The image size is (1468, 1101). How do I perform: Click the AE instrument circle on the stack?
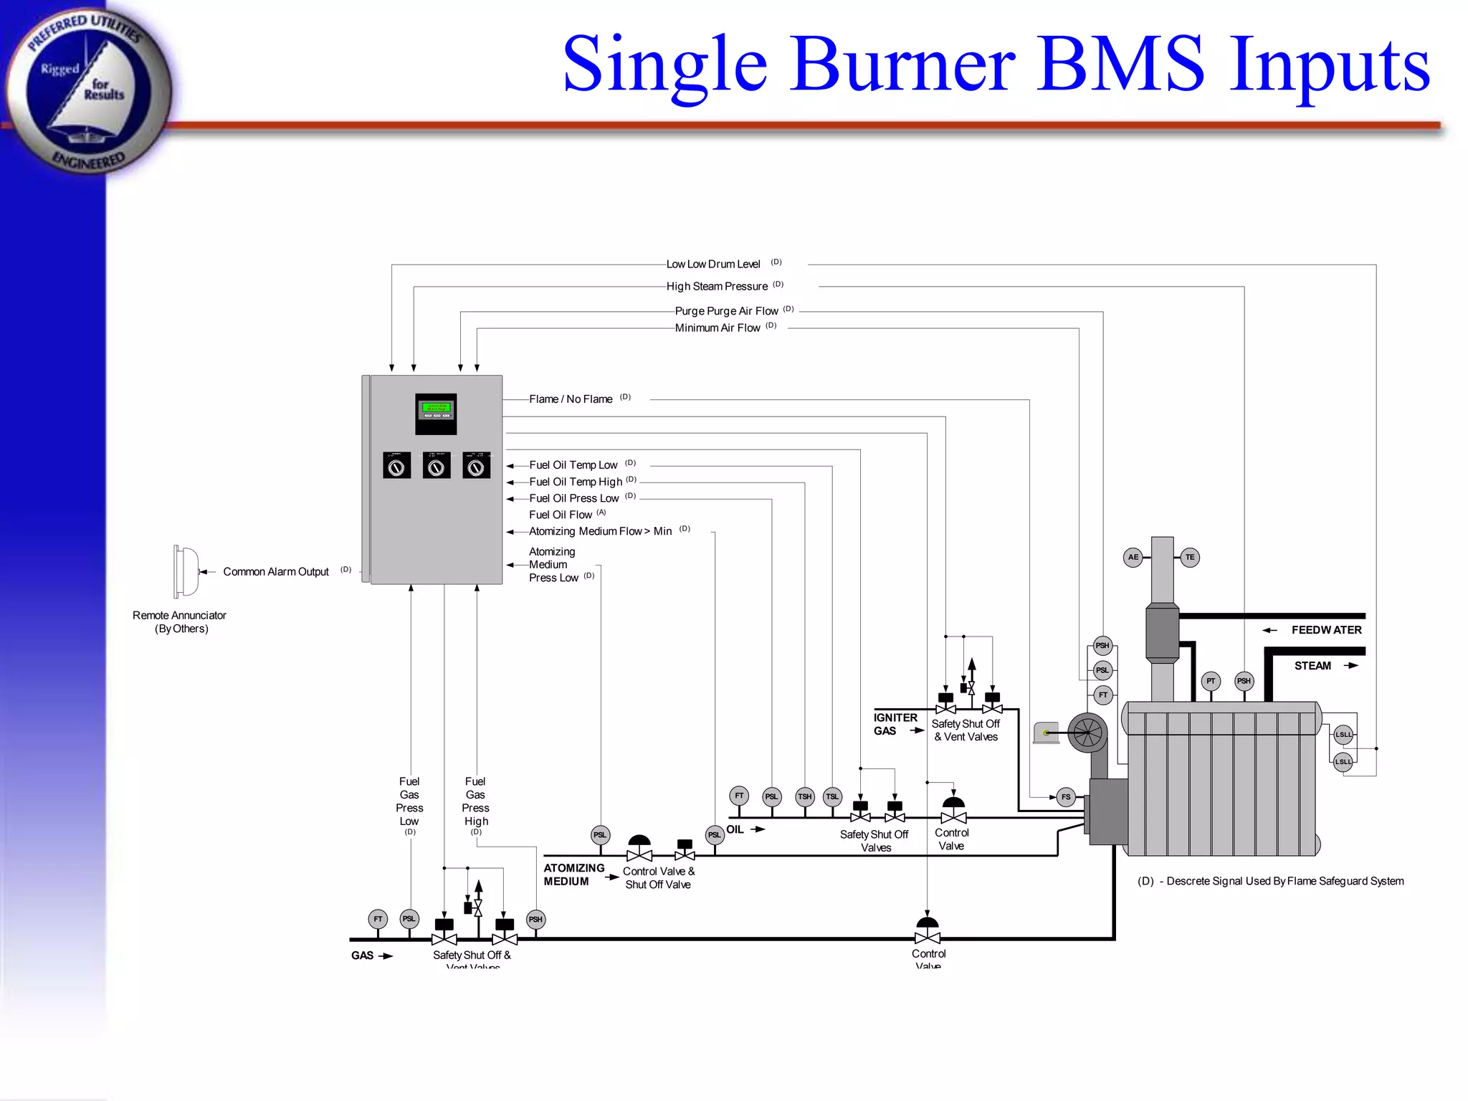(x=1133, y=557)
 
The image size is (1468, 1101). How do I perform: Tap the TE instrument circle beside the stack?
(x=1190, y=557)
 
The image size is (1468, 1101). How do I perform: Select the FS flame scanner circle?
(x=1066, y=796)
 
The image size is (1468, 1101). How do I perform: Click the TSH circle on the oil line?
(x=805, y=796)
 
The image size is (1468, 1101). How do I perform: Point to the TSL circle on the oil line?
(x=831, y=796)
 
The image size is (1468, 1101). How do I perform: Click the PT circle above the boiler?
(x=1211, y=681)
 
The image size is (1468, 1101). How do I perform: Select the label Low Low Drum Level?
(x=713, y=264)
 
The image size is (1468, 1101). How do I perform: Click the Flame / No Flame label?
(x=571, y=399)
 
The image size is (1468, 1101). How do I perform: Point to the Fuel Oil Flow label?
(x=561, y=515)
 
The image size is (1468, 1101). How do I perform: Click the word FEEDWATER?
(x=1326, y=630)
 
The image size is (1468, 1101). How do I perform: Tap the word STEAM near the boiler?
(x=1312, y=666)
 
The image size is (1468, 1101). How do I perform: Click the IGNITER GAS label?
(x=895, y=724)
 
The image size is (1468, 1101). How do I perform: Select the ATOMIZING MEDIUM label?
(x=573, y=874)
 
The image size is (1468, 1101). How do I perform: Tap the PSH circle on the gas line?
(x=535, y=919)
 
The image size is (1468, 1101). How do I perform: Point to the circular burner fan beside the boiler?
(x=1087, y=733)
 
